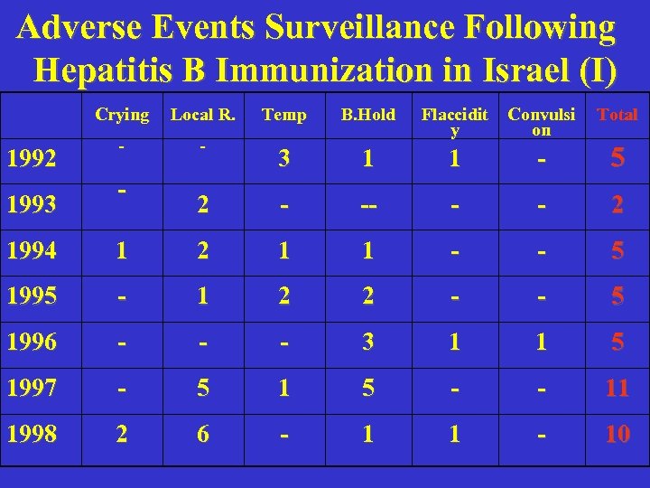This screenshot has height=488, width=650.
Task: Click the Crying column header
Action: click(122, 115)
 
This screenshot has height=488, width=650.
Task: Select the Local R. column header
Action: click(203, 115)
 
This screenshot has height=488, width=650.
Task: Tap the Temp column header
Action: click(283, 115)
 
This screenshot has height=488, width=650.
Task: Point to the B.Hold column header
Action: click(367, 115)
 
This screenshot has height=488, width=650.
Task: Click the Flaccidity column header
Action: click(455, 121)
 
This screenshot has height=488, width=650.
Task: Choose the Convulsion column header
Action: click(541, 121)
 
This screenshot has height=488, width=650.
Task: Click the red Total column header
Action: click(617, 115)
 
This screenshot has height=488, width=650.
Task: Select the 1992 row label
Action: click(31, 159)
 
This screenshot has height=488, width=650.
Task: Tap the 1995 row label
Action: click(31, 296)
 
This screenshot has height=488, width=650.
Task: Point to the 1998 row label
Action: click(31, 434)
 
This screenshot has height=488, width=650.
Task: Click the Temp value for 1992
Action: click(284, 159)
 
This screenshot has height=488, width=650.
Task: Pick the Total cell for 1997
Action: click(617, 389)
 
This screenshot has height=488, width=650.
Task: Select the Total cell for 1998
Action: click(617, 434)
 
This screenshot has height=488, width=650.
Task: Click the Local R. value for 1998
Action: click(203, 434)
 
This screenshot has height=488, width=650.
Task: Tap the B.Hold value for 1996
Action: click(367, 343)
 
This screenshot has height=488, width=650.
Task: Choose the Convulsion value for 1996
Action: click(541, 343)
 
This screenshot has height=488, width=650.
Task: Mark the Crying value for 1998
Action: click(122, 434)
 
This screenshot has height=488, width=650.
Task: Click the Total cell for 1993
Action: click(617, 205)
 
